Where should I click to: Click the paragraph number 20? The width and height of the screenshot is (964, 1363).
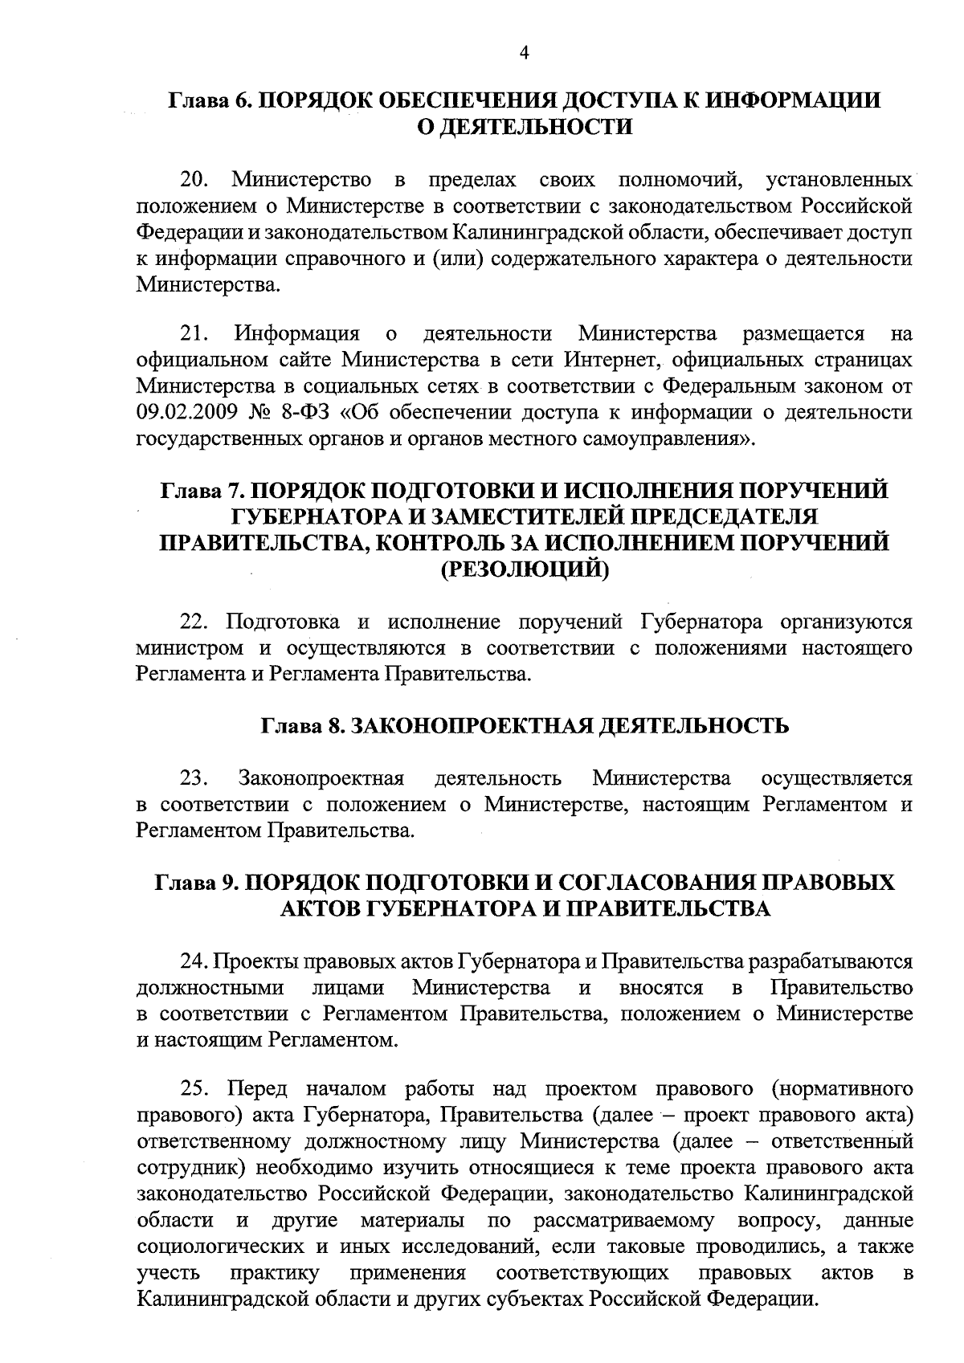click(x=194, y=178)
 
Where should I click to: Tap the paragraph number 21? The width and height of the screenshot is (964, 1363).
click(x=194, y=333)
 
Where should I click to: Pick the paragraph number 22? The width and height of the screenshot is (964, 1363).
click(x=194, y=622)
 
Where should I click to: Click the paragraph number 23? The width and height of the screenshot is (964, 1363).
click(x=194, y=778)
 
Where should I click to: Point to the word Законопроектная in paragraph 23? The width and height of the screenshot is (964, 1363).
click(x=320, y=778)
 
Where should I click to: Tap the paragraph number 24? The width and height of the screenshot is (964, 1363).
click(x=194, y=961)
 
